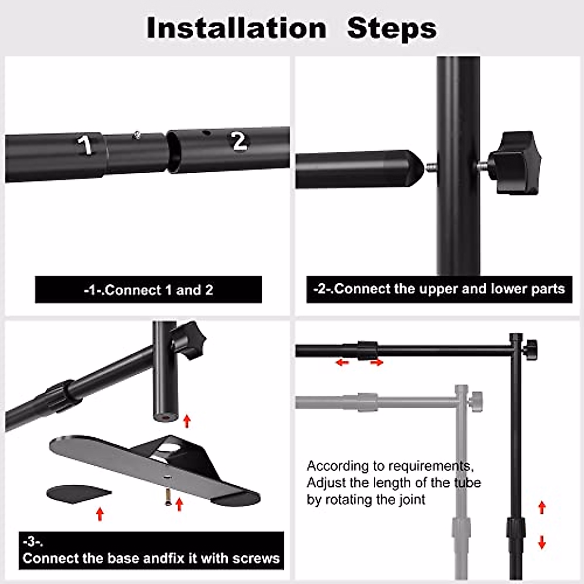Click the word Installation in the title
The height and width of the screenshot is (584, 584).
coord(237,28)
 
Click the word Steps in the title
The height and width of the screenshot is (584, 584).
coord(392,28)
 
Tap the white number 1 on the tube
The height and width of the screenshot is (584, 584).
coord(86,145)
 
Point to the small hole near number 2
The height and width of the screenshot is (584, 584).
coord(206,133)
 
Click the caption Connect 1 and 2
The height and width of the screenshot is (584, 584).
coord(148,290)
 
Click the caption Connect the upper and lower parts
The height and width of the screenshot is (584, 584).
coord(439,289)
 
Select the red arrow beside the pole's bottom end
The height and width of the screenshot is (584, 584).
coord(187,421)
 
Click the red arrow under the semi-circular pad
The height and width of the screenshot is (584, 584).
coord(100,513)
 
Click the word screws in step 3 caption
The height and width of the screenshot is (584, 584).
coord(255,558)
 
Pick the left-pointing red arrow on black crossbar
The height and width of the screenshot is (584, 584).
coord(342,363)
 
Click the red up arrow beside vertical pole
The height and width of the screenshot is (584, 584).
coord(542,508)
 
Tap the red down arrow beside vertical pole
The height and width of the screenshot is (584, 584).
coord(542,541)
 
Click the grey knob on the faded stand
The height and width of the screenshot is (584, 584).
coord(476,401)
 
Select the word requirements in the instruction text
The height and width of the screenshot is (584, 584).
coord(430,466)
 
